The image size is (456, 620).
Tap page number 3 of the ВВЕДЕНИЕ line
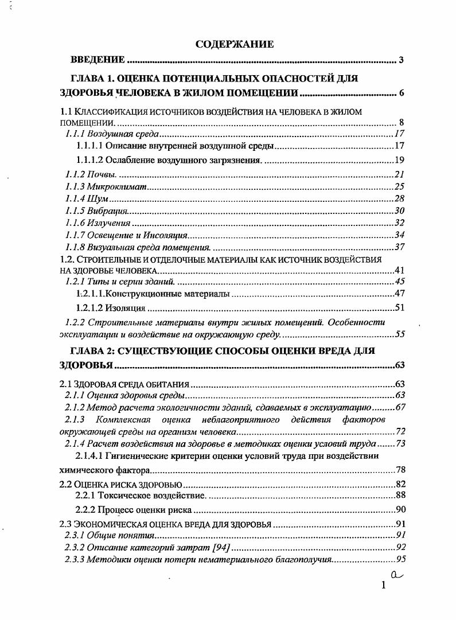pos(401,60)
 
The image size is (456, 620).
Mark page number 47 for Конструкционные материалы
pos(400,294)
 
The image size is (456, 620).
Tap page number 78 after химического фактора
pos(400,470)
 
